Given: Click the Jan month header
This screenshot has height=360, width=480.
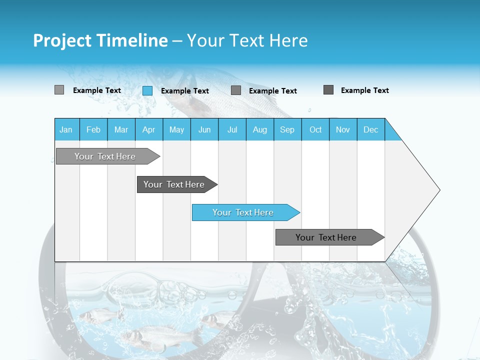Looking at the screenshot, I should point(66,129).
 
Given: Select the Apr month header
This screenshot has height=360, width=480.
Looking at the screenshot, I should point(149,129).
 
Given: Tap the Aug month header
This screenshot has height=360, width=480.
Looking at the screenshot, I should point(260,129).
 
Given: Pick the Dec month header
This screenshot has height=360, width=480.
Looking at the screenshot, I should point(371,129).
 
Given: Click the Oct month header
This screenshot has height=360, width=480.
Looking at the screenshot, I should point(315,129).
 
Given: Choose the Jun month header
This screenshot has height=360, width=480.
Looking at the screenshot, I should point(204,129).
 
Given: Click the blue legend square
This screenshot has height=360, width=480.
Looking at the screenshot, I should point(147,90).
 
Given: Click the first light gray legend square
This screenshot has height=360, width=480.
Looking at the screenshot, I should point(59,90).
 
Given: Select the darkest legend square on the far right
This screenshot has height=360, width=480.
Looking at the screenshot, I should point(328,90).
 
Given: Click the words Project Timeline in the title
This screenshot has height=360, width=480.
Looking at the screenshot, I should point(100,40).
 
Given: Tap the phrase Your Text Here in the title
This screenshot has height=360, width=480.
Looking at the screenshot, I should point(247,40).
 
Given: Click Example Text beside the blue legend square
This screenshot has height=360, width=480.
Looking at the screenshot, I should point(185,91).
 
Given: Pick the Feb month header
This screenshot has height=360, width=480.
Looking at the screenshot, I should point(93,129).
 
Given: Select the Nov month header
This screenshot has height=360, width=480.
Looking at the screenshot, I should point(343,129).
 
